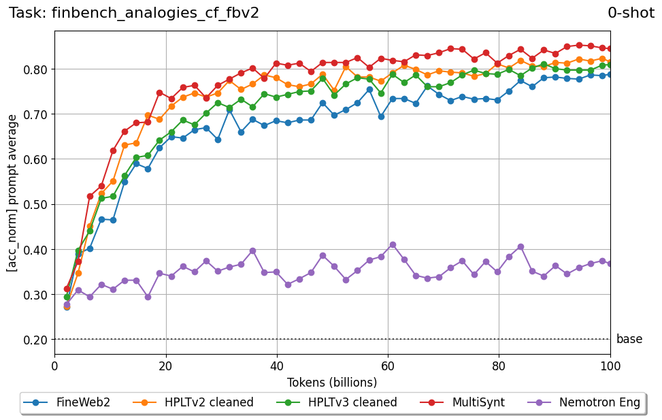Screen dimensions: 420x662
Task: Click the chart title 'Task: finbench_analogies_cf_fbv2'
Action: point(134,13)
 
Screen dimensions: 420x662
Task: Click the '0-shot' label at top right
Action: point(631,13)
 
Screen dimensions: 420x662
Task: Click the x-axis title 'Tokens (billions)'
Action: point(332,383)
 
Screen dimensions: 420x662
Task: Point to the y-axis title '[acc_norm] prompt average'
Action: point(13,193)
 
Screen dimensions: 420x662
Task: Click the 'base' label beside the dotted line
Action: point(629,339)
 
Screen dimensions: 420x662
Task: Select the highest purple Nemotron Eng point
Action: point(393,244)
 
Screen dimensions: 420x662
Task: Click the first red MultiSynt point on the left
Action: point(67,289)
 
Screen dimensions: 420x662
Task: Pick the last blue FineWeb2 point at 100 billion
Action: point(610,74)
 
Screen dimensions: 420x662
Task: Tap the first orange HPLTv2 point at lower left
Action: point(67,307)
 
